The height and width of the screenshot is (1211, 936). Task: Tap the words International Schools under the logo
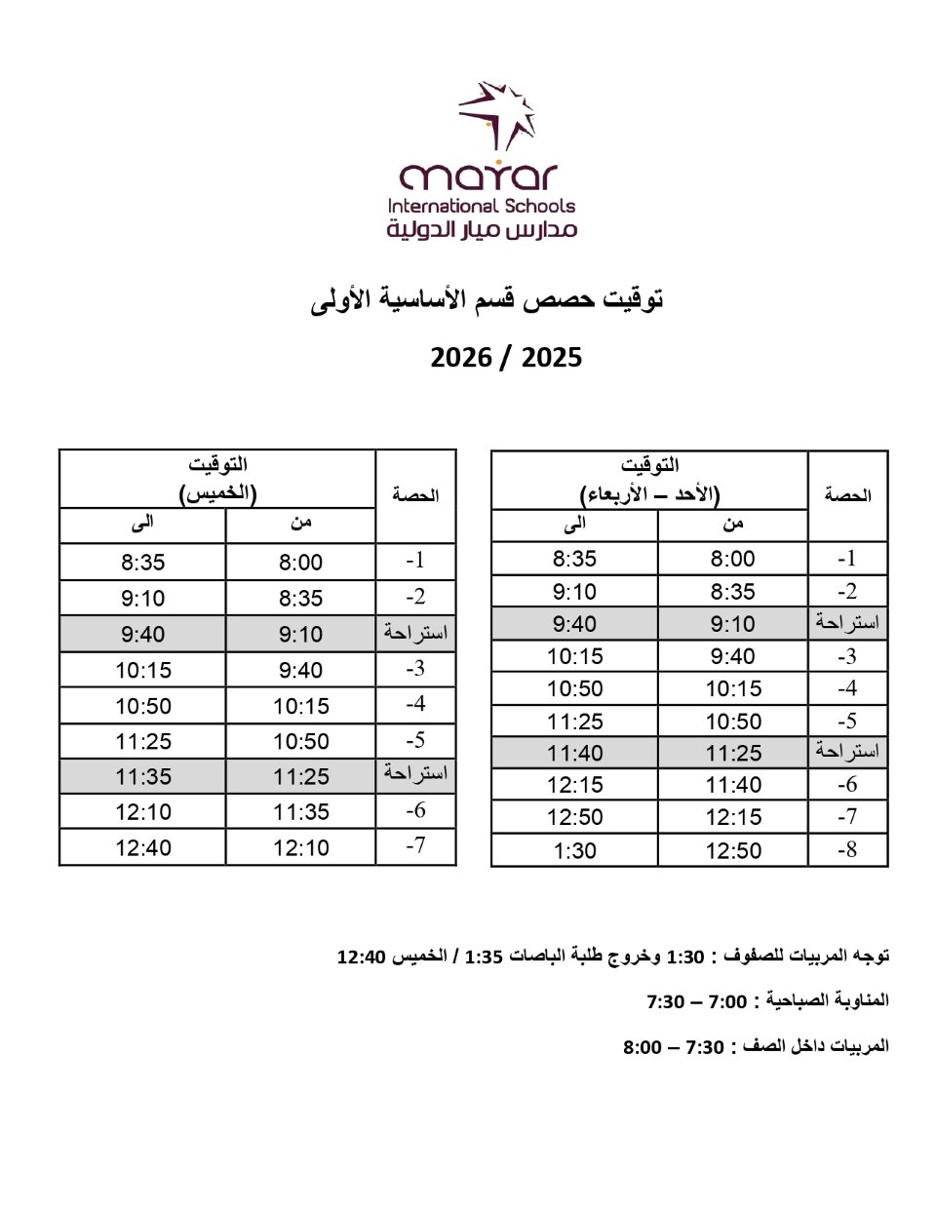coord(482,206)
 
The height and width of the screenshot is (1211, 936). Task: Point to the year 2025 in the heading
coord(552,358)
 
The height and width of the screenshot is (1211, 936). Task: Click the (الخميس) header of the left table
coord(217,493)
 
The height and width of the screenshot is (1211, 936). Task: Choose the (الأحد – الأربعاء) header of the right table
coord(649,493)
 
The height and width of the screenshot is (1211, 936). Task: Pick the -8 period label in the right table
coord(847,849)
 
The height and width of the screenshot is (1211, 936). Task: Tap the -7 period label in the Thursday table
coord(415,845)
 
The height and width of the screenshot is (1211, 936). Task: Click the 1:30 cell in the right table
coord(574,850)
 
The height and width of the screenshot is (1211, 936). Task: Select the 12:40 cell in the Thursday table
coord(143,848)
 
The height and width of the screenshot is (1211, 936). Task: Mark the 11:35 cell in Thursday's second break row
coord(143,777)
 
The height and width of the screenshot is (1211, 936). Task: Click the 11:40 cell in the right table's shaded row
coord(574,754)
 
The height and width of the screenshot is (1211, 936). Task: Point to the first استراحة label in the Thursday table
coord(415,633)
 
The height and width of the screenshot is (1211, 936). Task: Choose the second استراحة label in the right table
coord(847,752)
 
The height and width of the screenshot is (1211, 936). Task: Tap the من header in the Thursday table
coord(300,524)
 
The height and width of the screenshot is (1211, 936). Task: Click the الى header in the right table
coord(575,525)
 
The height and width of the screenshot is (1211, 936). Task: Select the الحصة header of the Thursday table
coord(415,495)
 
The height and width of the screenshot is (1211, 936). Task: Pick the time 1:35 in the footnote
coord(485,957)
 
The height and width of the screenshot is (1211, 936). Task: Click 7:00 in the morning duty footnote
coord(727,1002)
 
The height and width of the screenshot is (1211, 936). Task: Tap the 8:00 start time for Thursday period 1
coord(300,563)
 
